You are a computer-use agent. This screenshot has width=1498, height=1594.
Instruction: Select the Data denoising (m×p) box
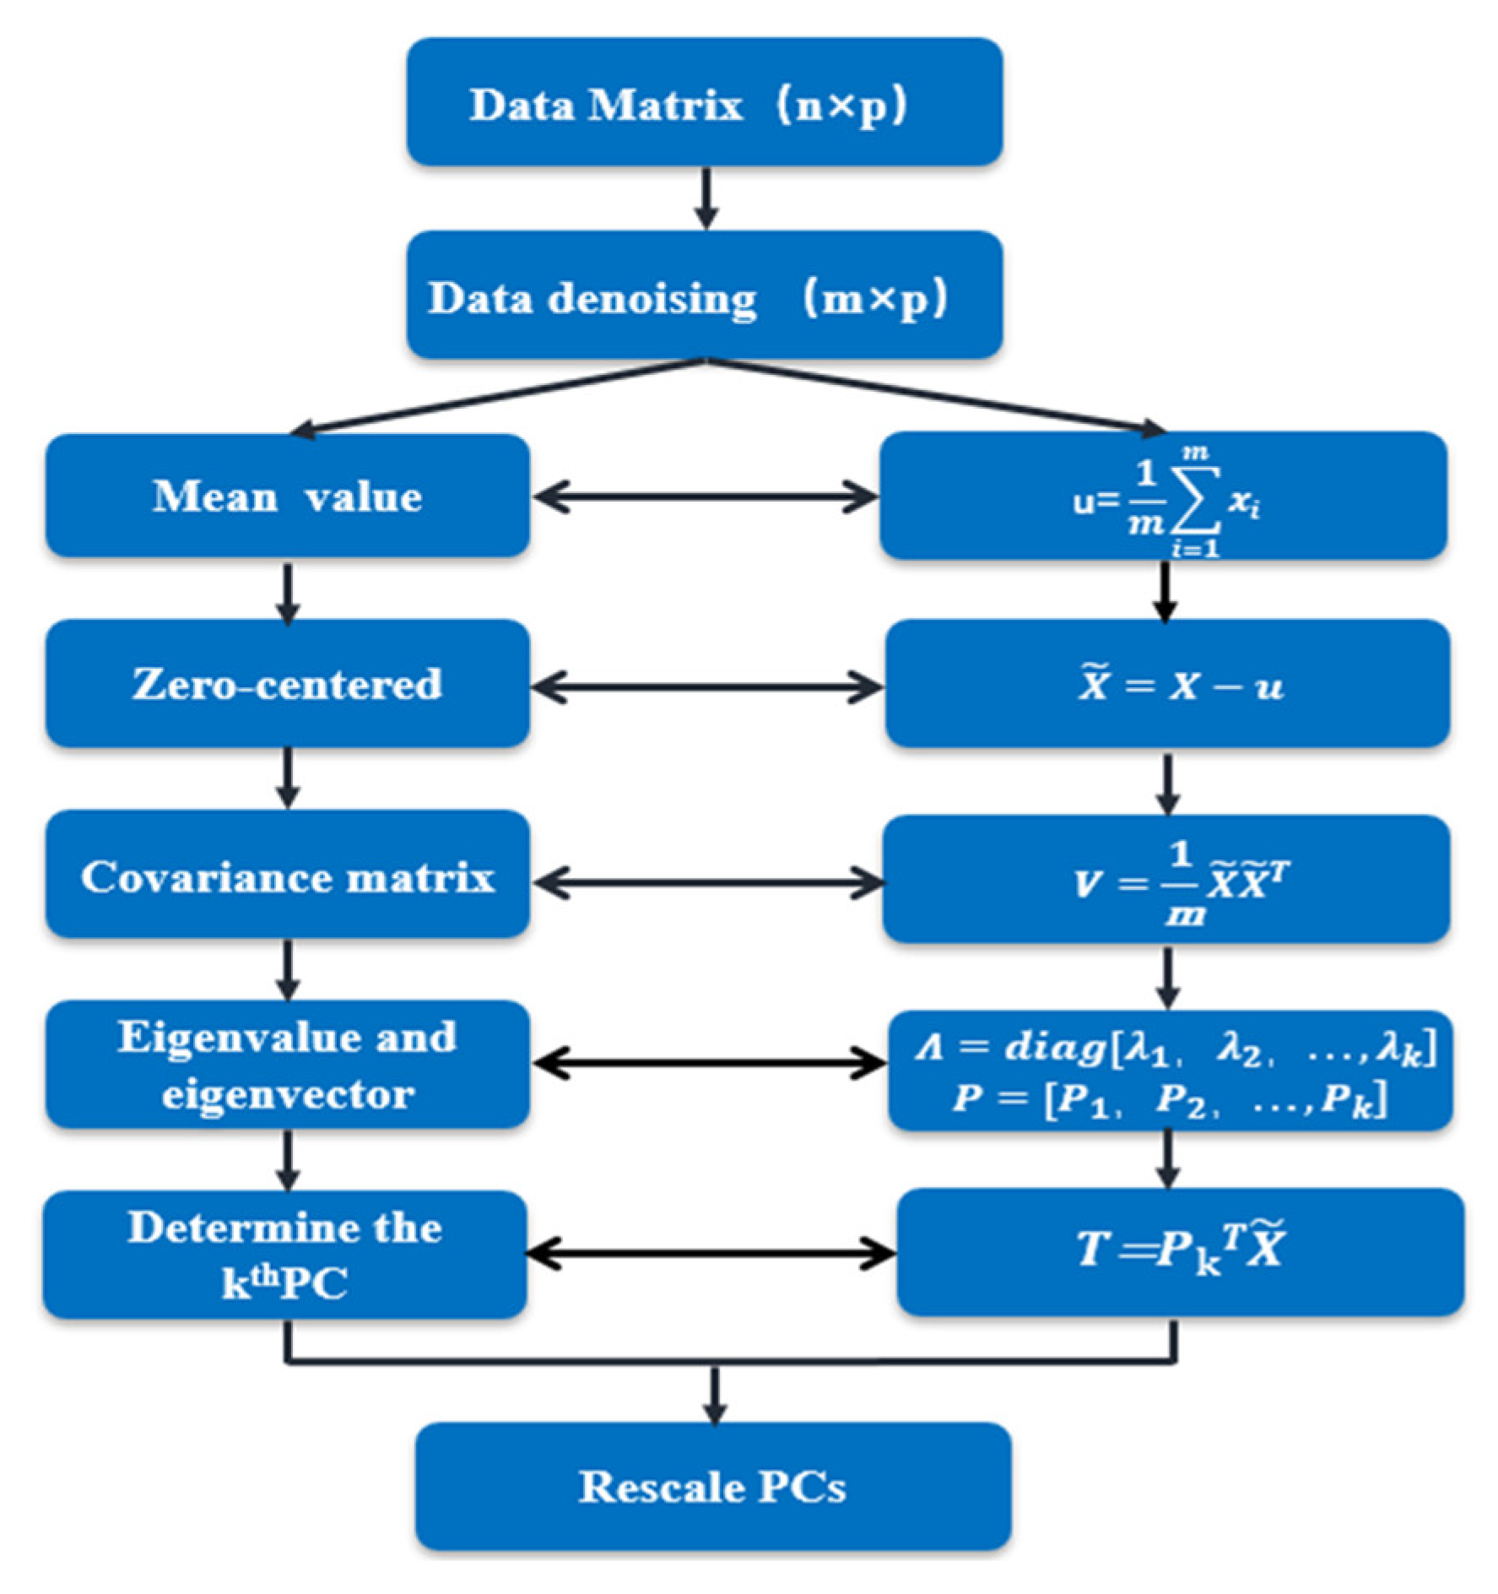coord(704,295)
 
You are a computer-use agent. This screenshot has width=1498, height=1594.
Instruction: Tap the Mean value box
coord(287,496)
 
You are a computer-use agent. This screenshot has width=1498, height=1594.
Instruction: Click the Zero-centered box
coord(287,684)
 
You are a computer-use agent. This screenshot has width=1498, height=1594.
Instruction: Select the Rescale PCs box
coord(712,1486)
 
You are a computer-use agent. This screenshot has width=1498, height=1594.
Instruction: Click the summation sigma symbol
coord(1194,501)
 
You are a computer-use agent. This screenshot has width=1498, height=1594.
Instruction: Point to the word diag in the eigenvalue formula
coord(1055,1048)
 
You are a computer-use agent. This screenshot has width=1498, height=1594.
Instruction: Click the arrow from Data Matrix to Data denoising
coord(706,198)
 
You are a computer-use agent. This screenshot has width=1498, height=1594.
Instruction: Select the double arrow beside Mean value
coord(706,497)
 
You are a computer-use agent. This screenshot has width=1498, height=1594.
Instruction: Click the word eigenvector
coord(287,1095)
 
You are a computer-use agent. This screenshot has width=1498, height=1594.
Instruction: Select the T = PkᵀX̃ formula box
coord(1180,1251)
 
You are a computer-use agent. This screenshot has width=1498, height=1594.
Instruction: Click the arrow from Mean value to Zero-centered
coord(288,591)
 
